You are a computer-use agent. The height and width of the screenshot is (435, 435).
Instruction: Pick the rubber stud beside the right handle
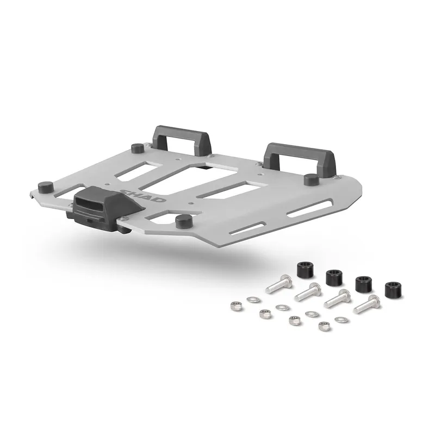click(x=311, y=180)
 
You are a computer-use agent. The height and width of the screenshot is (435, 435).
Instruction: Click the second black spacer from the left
click(x=333, y=276)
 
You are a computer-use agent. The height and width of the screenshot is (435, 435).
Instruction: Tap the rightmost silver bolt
click(x=368, y=303)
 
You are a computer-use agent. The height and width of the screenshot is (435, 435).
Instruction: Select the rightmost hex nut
click(x=321, y=326)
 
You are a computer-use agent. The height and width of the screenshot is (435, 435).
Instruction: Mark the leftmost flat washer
click(x=252, y=299)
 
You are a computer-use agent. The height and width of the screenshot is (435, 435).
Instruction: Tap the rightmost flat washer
click(x=340, y=319)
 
